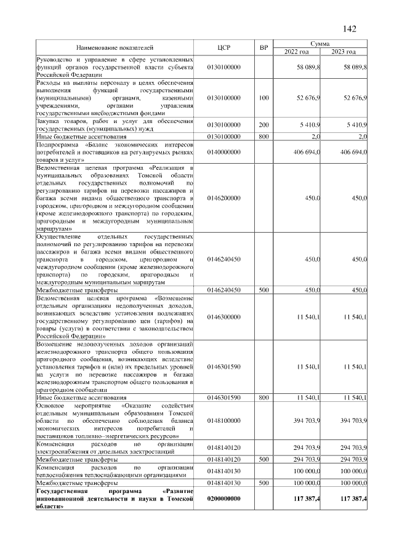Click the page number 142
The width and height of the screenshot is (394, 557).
(348, 29)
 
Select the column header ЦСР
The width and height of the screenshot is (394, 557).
(224, 47)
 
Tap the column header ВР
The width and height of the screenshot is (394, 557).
(263, 47)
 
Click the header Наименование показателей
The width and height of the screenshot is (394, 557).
(115, 47)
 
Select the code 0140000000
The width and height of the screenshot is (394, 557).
(224, 151)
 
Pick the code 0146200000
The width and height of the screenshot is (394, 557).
(224, 198)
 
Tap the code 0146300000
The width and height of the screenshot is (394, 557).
(224, 316)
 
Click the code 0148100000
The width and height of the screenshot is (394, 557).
(224, 420)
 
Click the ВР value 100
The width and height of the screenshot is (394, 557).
(263, 97)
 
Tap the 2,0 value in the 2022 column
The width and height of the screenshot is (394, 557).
(315, 136)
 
